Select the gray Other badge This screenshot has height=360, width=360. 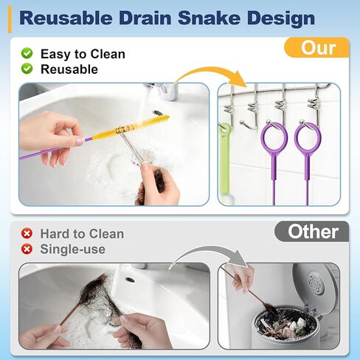tap(312, 231)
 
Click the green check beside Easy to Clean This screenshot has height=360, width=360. tap(27, 54)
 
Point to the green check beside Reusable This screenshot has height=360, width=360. tap(27, 69)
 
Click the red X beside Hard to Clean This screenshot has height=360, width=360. tap(27, 234)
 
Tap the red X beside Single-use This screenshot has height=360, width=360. tap(27, 249)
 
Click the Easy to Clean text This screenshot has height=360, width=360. tap(83, 54)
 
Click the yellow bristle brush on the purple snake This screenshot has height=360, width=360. tap(140, 125)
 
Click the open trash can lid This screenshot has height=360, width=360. tap(316, 283)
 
